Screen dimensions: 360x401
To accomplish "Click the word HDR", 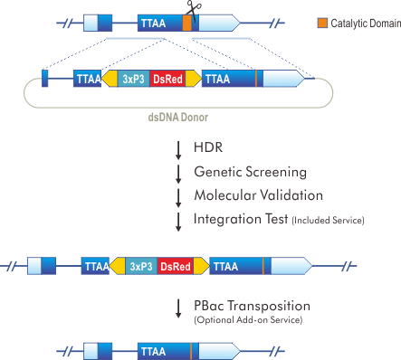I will tap(207, 147).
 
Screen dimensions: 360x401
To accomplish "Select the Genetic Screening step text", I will tap(250, 171).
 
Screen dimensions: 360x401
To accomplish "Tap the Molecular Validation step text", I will tap(258, 194).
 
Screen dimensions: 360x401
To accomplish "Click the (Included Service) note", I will tap(328, 220).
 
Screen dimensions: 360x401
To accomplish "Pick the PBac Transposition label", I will tap(253, 306).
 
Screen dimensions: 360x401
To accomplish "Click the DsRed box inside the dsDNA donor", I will tap(167, 80).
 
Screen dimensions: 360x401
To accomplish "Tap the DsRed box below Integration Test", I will tap(175, 266).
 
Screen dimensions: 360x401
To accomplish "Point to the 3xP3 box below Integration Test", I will tap(139, 266).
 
